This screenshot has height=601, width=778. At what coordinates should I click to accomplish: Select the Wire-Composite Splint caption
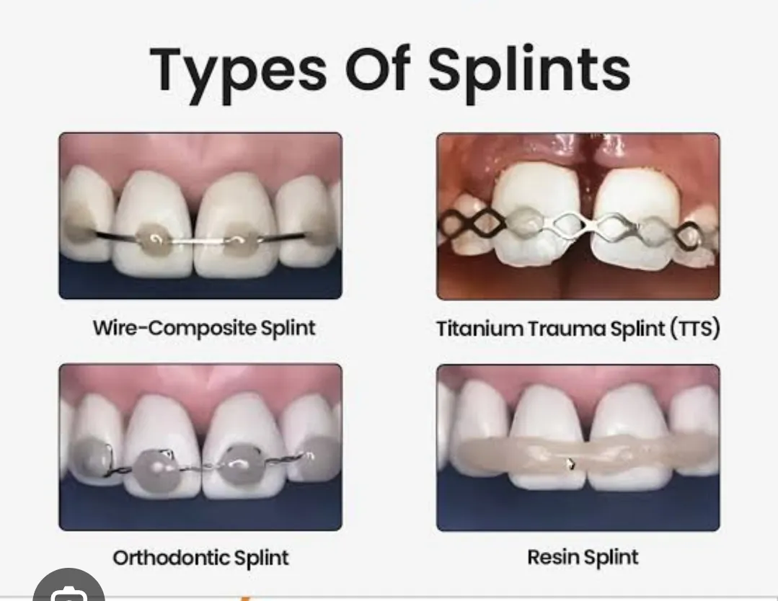(x=204, y=329)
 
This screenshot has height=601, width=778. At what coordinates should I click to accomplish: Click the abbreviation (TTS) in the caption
(x=695, y=329)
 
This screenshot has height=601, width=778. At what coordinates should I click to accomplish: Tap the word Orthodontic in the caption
(x=171, y=558)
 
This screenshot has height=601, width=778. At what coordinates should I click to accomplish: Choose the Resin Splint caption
(x=583, y=557)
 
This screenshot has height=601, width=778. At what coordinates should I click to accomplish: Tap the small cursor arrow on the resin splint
(x=570, y=464)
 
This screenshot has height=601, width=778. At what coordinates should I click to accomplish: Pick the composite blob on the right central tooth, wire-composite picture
(x=241, y=240)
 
